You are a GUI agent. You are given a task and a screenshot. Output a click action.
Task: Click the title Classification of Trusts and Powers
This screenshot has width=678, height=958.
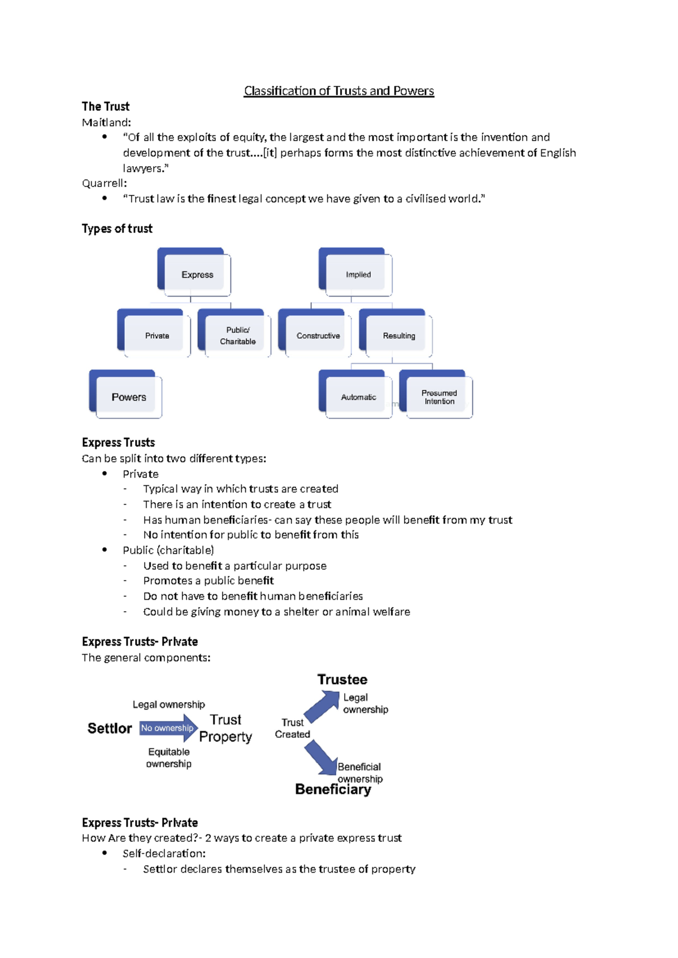pyautogui.click(x=338, y=91)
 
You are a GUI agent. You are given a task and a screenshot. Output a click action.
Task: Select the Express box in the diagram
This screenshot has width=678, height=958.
pyautogui.click(x=197, y=275)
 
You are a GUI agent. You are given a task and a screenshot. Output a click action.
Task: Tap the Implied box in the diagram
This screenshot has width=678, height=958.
pyautogui.click(x=358, y=275)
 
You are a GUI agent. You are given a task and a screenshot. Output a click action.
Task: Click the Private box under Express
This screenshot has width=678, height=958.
pyautogui.click(x=157, y=336)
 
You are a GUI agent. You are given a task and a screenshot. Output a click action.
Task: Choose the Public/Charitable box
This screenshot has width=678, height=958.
pyautogui.click(x=237, y=336)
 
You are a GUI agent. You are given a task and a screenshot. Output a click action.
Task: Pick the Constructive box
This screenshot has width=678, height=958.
pyautogui.click(x=318, y=336)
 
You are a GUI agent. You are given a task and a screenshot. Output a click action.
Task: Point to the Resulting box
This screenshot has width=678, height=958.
pyautogui.click(x=398, y=336)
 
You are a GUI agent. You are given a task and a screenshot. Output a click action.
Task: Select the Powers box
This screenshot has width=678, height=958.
pyautogui.click(x=128, y=397)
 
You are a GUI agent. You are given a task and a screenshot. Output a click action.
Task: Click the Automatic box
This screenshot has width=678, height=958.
pyautogui.click(x=358, y=397)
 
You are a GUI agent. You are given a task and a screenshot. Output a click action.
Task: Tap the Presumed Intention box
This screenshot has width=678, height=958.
pyautogui.click(x=439, y=397)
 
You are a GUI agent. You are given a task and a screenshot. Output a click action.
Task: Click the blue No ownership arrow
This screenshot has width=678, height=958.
pyautogui.click(x=168, y=728)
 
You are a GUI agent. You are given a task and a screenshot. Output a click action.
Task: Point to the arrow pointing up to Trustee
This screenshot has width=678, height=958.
pyautogui.click(x=322, y=706)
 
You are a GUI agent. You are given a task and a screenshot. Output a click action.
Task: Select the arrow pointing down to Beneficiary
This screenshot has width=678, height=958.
pyautogui.click(x=320, y=757)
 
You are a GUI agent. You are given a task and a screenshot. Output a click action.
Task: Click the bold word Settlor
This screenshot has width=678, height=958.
pyautogui.click(x=110, y=729)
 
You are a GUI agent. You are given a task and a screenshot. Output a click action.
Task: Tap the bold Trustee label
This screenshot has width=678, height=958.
pyautogui.click(x=342, y=680)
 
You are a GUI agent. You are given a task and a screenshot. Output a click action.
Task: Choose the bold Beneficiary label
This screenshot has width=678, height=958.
pyautogui.click(x=333, y=789)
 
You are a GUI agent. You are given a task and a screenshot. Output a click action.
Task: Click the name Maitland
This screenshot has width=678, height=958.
pyautogui.click(x=105, y=123)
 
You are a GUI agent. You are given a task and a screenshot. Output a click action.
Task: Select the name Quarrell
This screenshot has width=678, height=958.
pyautogui.click(x=103, y=183)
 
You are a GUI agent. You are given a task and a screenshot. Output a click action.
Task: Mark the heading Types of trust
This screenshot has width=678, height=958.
pyautogui.click(x=117, y=229)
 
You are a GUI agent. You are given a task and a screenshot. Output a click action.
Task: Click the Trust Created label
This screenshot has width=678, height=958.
pyautogui.click(x=292, y=728)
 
